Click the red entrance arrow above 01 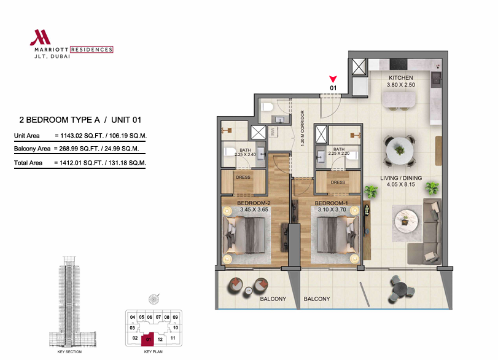point(333,79)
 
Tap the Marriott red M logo point(41,37)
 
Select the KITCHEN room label point(401,77)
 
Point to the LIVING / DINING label point(401,178)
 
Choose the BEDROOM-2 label point(254,203)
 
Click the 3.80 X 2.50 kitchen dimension point(401,85)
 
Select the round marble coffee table point(407,220)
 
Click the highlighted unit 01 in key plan point(148,339)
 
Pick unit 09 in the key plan point(176,317)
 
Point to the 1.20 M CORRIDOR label point(302,128)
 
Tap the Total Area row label point(28,163)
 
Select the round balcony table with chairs point(401,290)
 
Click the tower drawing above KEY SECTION point(72,301)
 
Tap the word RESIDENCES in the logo point(91,50)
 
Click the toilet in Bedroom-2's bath point(228,152)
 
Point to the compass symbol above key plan point(154,299)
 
